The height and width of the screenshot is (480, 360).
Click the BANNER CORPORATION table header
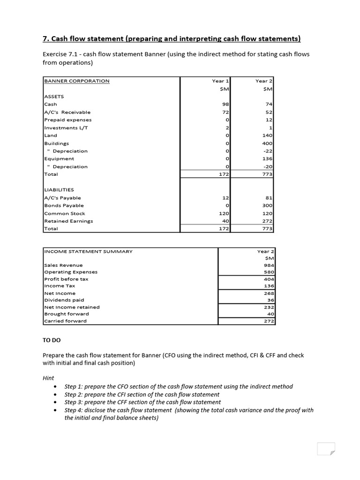point(77,81)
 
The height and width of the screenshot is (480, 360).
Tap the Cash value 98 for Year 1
point(224,105)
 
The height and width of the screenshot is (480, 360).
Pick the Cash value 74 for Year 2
point(269,105)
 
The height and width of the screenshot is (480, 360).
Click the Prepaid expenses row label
point(67,120)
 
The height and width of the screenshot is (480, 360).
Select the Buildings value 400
point(267,143)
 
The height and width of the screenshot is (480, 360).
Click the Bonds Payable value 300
point(267,206)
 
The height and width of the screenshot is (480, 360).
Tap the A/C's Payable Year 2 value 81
point(269,198)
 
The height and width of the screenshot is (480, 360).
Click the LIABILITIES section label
point(59,190)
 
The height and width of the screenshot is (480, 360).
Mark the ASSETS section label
point(54,97)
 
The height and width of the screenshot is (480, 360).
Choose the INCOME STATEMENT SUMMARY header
point(88,251)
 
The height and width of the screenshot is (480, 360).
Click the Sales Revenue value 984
point(269,265)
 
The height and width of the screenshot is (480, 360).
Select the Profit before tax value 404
point(269,279)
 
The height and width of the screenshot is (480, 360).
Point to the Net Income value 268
point(269,293)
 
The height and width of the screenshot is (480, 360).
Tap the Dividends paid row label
point(64,300)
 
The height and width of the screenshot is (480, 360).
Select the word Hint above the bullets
point(48,378)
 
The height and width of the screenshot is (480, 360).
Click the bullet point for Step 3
point(56,402)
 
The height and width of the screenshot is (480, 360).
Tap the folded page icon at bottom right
point(326,449)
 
